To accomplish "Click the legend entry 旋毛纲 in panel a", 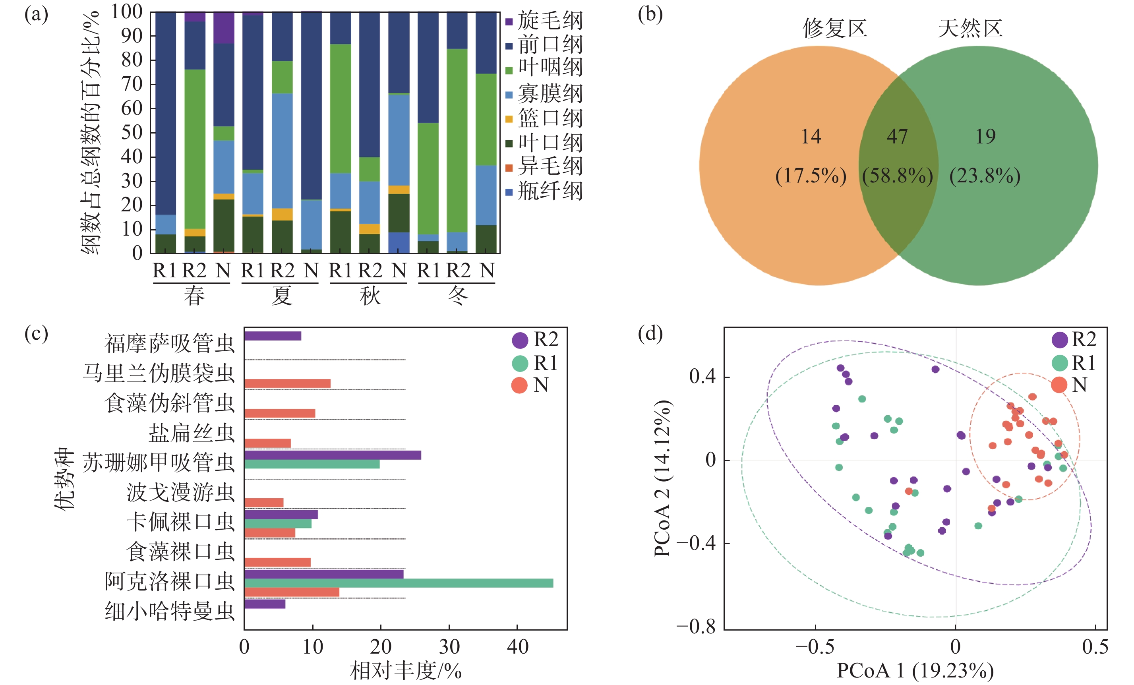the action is point(544,21).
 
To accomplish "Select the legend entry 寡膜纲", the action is point(544,94).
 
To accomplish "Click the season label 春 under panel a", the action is point(194,296).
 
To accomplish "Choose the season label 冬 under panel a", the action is point(458,296).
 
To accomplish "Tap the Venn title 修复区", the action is point(835,29).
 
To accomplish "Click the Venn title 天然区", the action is point(970,29).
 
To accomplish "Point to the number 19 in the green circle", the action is point(985,137).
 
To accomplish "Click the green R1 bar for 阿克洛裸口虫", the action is point(399,583).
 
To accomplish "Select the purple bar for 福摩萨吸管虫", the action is point(273,336).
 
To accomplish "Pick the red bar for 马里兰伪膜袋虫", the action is point(287,383).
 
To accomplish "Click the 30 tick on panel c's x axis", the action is point(449,647).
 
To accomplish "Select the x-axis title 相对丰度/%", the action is point(405,671).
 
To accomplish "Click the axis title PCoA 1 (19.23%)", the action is point(915,671).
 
